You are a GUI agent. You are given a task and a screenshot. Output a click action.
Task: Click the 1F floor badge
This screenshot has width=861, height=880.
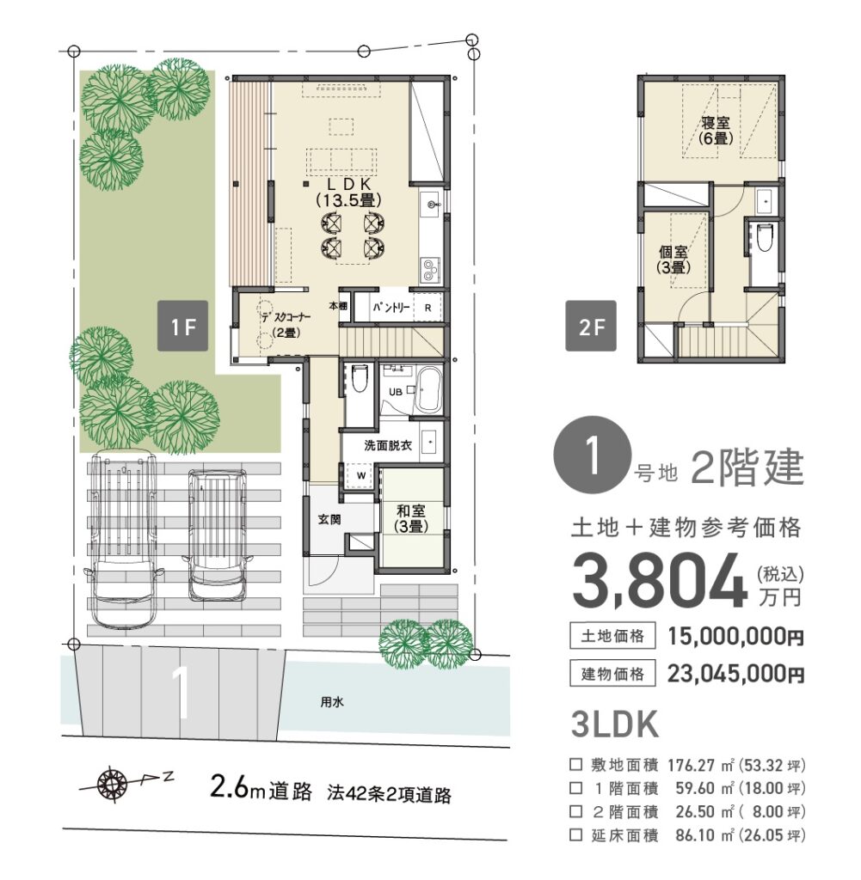182,326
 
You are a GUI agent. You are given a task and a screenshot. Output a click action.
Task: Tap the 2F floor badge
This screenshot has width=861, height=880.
591,326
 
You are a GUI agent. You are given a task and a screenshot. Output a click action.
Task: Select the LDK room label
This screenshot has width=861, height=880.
348,192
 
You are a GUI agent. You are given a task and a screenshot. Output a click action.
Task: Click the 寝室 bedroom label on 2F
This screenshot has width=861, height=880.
716,130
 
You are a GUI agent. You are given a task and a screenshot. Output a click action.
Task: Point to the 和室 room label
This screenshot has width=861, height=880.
411,518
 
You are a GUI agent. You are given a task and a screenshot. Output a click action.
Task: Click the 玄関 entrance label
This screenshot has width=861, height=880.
329,520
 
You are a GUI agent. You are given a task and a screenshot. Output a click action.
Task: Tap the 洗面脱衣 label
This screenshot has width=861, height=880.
388,446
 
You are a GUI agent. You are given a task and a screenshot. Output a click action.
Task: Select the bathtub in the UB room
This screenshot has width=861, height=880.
429,389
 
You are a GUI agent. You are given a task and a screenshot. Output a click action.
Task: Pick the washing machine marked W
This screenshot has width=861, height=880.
361,475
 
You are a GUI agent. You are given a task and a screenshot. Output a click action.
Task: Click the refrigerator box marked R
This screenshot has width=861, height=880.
428,308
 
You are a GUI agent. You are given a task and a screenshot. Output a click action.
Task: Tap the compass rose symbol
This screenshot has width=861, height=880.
112,784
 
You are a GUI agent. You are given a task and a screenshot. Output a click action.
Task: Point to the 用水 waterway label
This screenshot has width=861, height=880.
332,701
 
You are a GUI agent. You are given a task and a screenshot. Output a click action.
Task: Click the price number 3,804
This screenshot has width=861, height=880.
660,582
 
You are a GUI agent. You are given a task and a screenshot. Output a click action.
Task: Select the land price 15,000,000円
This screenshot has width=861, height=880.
735,637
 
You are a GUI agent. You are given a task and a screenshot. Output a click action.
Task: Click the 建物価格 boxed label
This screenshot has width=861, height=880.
612,673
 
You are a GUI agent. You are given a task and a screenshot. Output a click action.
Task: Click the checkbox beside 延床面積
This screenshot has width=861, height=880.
575,834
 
